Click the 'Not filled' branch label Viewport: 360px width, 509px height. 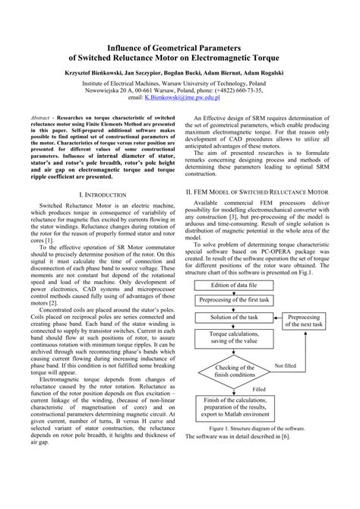click(286, 365)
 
